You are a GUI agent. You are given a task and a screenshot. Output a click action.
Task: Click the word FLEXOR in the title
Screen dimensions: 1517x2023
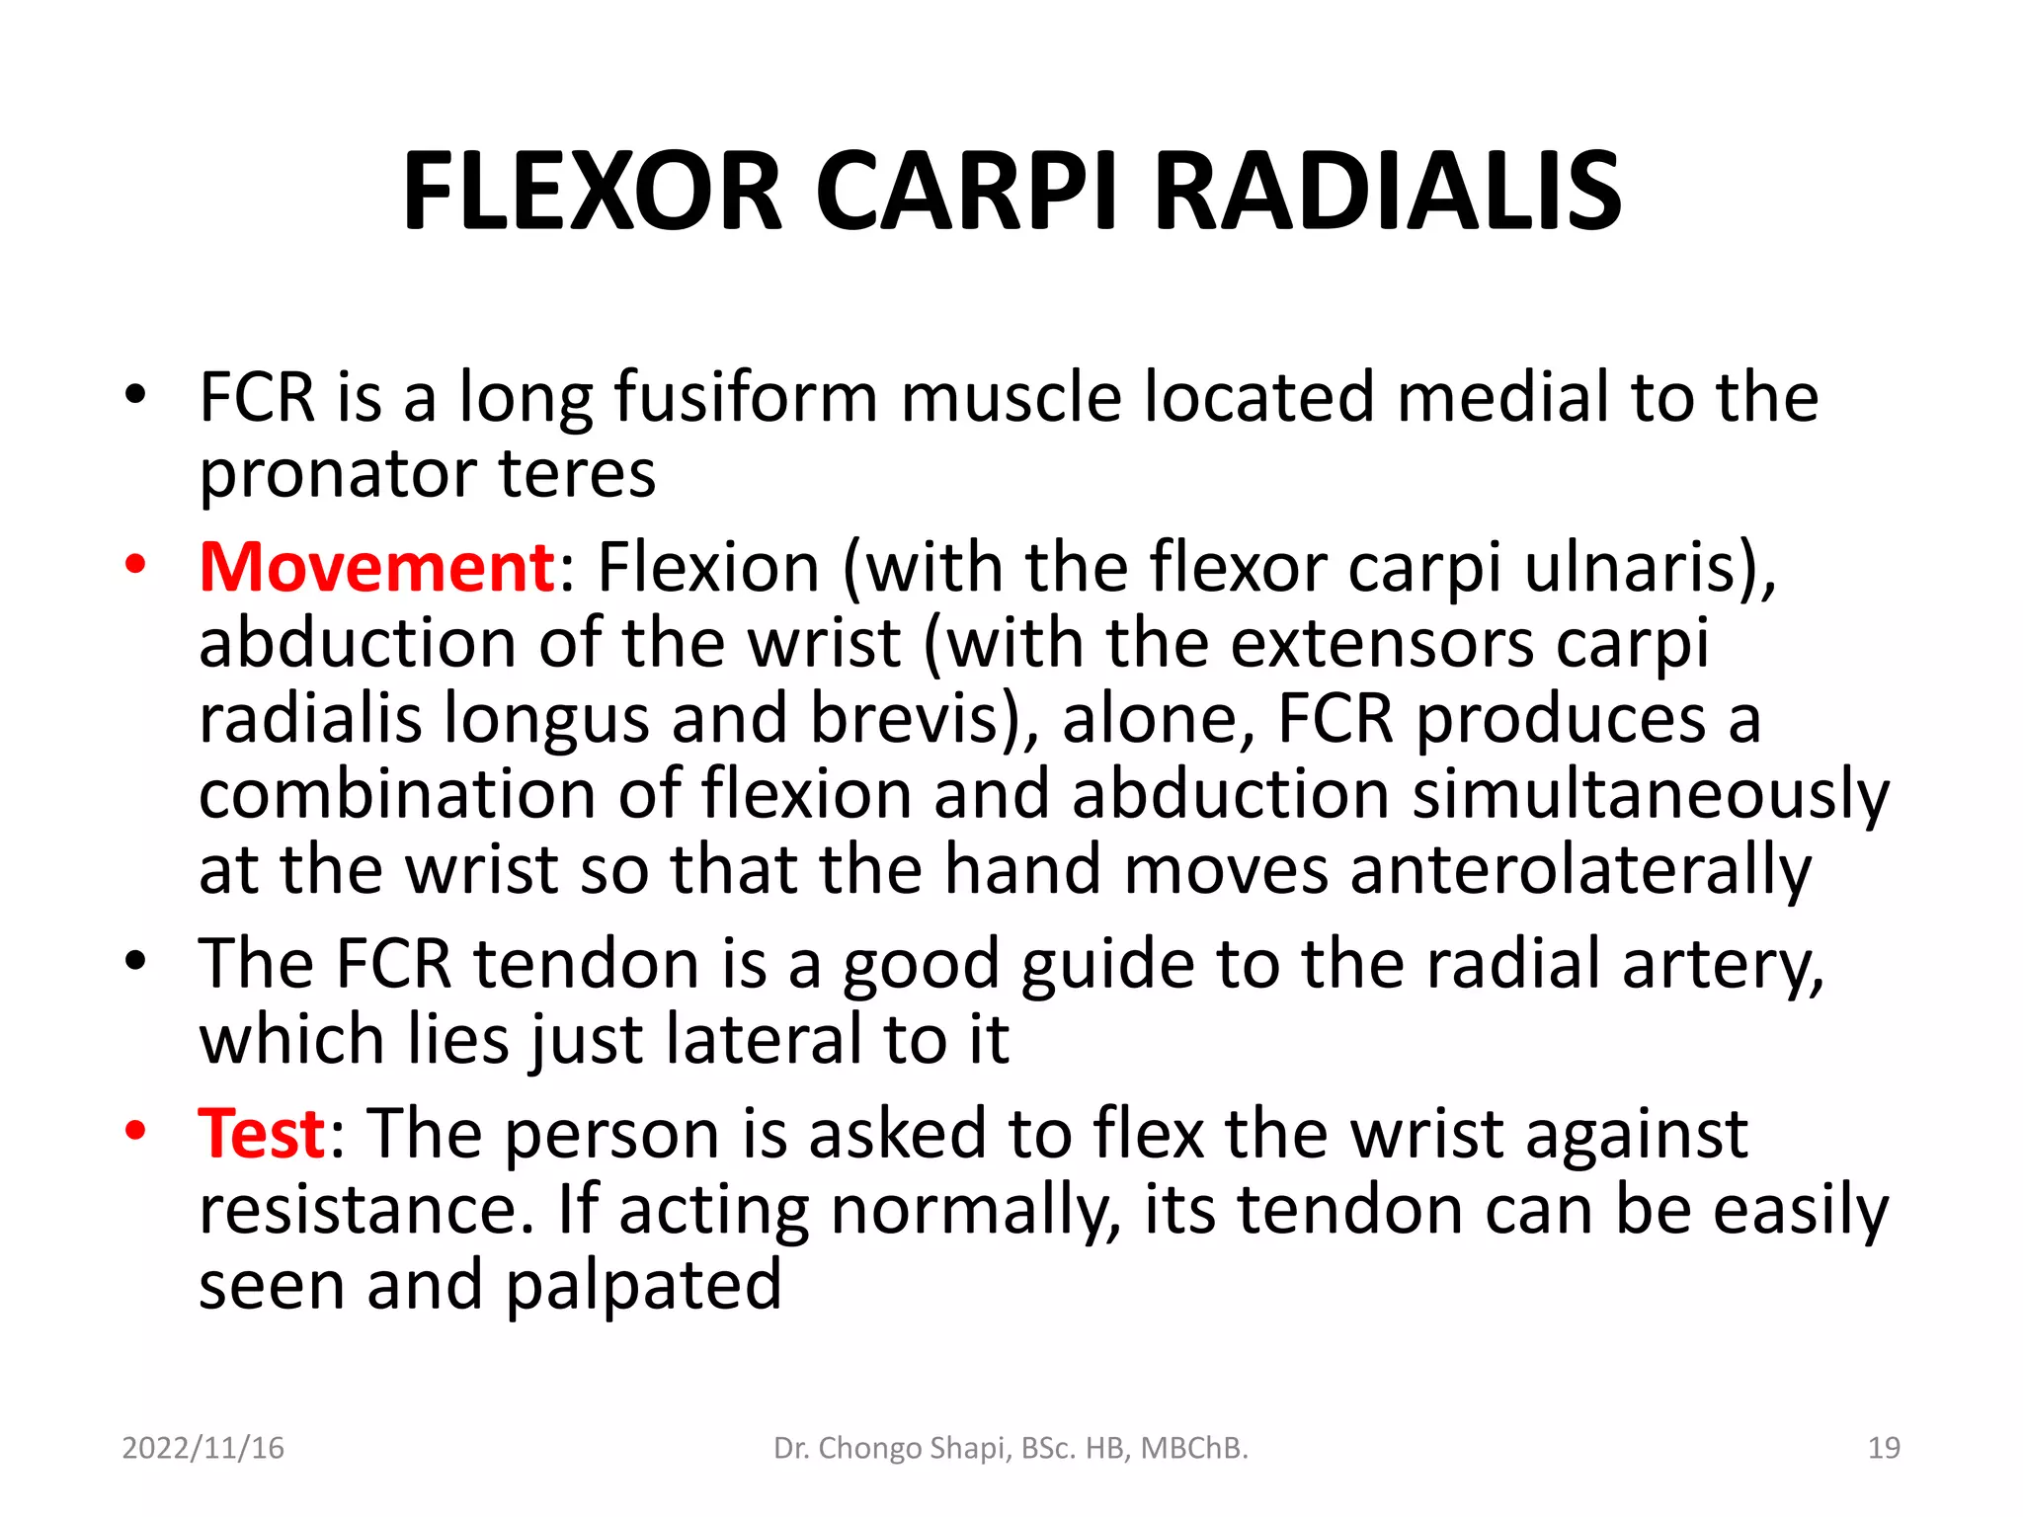click(592, 192)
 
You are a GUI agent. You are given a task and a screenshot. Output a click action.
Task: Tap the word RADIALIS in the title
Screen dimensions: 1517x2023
click(1387, 192)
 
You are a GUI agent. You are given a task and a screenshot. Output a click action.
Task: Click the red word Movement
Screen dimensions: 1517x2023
click(377, 568)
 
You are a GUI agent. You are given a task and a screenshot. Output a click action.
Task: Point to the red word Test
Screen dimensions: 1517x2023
click(262, 1134)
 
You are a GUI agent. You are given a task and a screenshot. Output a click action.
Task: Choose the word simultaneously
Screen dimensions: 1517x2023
click(1650, 796)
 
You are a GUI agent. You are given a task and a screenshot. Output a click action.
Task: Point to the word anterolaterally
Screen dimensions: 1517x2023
click(1580, 871)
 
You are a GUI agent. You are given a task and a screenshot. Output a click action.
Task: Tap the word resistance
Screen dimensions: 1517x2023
click(366, 1211)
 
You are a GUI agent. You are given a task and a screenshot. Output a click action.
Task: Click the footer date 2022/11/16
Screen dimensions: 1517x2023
click(202, 1448)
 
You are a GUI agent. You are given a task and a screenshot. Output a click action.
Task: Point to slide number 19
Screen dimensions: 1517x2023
click(1884, 1448)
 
